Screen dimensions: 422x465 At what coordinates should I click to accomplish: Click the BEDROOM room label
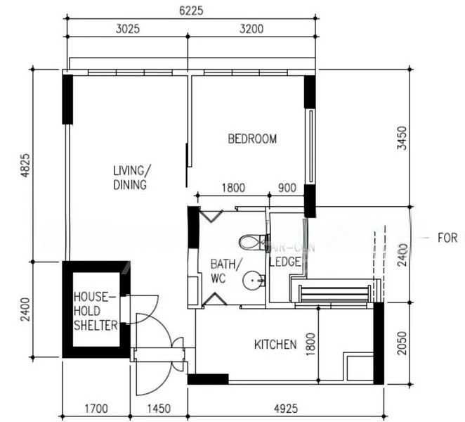tap(252, 139)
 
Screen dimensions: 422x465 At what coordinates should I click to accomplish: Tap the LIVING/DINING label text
tap(130, 178)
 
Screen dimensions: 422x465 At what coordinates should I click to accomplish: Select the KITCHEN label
tap(275, 345)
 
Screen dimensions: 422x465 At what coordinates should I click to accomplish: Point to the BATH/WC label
tap(225, 271)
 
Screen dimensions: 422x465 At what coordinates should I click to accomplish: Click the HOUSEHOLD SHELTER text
tap(95, 311)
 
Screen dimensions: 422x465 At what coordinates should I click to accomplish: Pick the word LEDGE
tap(285, 262)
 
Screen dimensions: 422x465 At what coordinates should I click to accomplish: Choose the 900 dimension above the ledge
tap(288, 188)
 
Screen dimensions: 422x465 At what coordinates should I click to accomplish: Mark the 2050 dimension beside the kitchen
tap(401, 343)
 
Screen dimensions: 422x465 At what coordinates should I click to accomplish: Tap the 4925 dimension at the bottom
tap(286, 408)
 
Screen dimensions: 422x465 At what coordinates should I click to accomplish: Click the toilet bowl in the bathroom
tap(249, 243)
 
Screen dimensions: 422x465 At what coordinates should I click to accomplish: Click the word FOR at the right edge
tap(447, 238)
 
